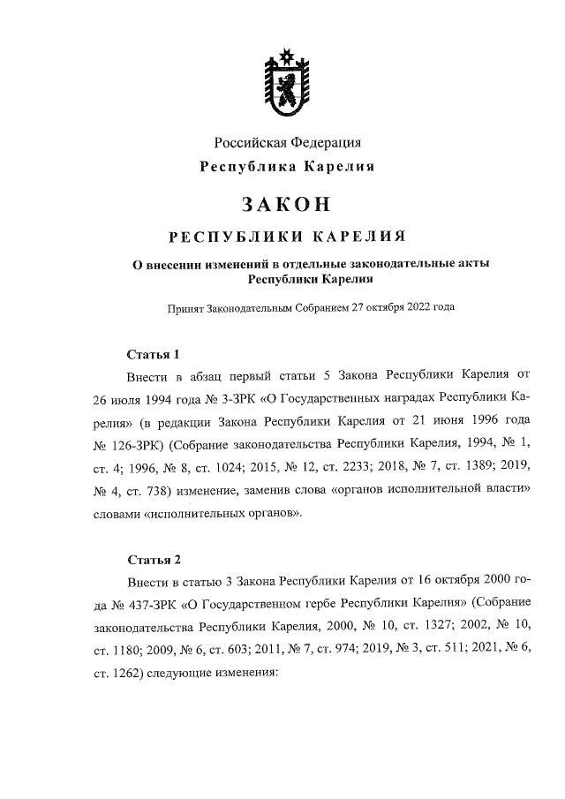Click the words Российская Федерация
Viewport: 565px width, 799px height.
pyautogui.click(x=288, y=142)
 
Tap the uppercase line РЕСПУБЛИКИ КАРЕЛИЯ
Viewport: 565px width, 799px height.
pyautogui.click(x=288, y=237)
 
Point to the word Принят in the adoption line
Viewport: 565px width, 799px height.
pyautogui.click(x=185, y=307)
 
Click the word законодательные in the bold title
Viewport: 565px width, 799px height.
pyautogui.click(x=394, y=264)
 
